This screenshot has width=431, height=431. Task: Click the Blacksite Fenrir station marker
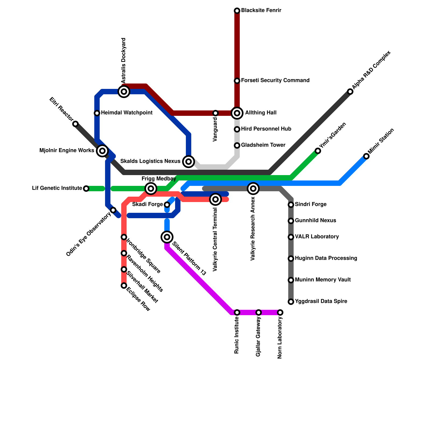click(x=237, y=11)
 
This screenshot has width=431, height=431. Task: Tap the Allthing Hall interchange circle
click(x=237, y=113)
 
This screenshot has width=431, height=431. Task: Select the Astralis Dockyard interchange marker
click(x=124, y=92)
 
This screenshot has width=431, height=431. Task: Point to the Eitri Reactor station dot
click(x=76, y=124)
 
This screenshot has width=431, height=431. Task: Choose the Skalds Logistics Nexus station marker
click(x=189, y=162)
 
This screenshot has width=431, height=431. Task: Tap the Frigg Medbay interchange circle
click(x=151, y=189)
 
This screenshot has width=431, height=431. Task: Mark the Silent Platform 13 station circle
click(x=167, y=237)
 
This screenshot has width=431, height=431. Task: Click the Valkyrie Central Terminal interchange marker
click(x=215, y=199)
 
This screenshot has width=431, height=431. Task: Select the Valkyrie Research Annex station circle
click(x=253, y=189)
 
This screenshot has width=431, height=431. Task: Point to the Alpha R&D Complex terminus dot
click(x=350, y=92)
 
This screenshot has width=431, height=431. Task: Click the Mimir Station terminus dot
click(x=366, y=156)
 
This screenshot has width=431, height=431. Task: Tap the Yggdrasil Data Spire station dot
click(x=291, y=302)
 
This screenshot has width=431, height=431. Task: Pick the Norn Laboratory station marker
click(x=280, y=312)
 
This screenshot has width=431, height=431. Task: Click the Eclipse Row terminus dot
click(x=124, y=286)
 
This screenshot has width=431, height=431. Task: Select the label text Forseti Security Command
click(x=275, y=81)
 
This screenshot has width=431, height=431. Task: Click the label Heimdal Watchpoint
click(x=127, y=113)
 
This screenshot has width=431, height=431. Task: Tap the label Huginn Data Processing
click(x=326, y=258)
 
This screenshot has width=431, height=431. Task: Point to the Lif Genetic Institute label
click(x=57, y=188)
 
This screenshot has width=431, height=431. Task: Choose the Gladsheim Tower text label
click(x=263, y=145)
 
